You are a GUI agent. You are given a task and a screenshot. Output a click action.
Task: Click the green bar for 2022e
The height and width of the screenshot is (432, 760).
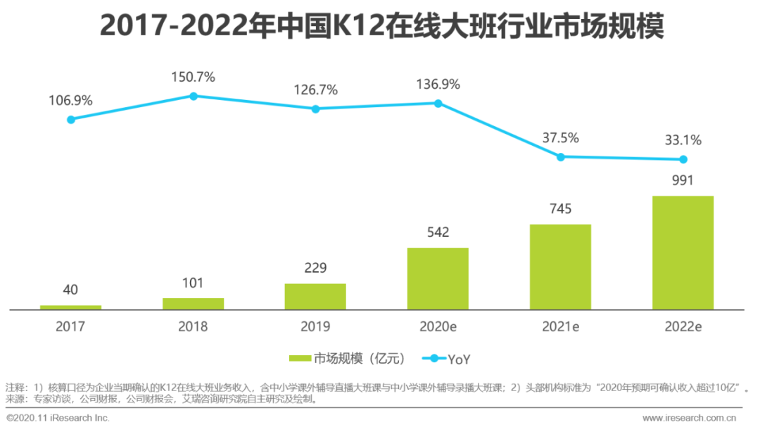point(683,252)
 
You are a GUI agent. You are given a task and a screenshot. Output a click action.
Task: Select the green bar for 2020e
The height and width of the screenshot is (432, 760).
point(438,278)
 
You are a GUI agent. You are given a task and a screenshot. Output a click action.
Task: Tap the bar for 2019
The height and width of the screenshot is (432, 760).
point(315,296)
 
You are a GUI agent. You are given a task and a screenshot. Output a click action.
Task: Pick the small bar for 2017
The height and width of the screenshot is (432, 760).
point(70,307)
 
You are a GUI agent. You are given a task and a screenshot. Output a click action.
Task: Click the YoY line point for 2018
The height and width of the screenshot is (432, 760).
point(193,95)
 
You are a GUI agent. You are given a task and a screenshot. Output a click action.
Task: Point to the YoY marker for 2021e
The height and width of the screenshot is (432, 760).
point(561,156)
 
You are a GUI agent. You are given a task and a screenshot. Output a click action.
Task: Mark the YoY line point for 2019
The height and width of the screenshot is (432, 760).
point(315,109)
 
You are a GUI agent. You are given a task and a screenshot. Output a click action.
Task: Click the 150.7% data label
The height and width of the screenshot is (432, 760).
point(193,77)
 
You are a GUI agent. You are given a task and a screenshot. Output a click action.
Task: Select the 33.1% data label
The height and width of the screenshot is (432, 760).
point(683,140)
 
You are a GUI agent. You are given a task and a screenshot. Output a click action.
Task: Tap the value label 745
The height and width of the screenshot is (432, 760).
point(560,209)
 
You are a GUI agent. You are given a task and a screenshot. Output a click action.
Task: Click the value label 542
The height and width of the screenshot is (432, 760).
point(438,233)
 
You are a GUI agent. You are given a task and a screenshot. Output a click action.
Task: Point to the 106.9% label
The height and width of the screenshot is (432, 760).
point(70,101)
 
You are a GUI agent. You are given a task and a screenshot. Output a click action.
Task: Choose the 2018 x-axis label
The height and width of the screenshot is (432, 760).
point(193,327)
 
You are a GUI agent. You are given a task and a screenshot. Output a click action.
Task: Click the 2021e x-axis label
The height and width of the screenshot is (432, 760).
point(560,327)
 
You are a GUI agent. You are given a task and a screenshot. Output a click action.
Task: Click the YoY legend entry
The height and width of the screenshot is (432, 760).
point(446,359)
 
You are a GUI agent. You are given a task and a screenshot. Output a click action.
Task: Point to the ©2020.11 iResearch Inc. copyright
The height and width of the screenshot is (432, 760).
point(58,419)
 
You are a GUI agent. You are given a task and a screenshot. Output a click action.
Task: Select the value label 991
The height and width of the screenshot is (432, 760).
point(683,180)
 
